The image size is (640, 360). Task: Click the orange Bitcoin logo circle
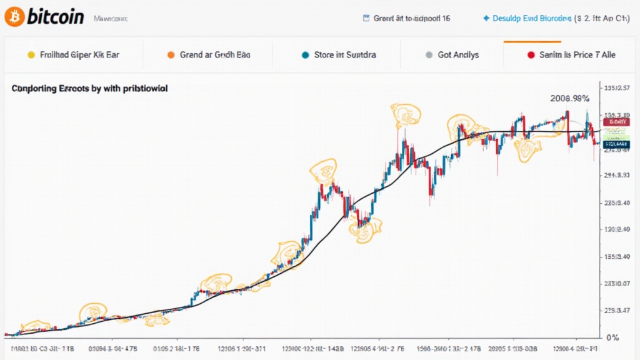(x=14, y=17)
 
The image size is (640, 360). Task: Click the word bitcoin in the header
(x=55, y=17)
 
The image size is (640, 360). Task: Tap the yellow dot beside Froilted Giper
(x=30, y=55)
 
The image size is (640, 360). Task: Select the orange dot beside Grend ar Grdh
(x=171, y=55)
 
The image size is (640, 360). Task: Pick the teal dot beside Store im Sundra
(x=305, y=55)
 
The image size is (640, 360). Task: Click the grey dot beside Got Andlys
(x=429, y=55)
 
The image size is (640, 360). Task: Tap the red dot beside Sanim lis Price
(x=531, y=55)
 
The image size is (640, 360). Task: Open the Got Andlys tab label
(x=458, y=55)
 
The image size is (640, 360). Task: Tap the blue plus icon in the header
(x=486, y=19)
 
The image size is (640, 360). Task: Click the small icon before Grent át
(x=366, y=19)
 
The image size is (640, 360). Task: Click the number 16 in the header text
(x=445, y=19)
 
